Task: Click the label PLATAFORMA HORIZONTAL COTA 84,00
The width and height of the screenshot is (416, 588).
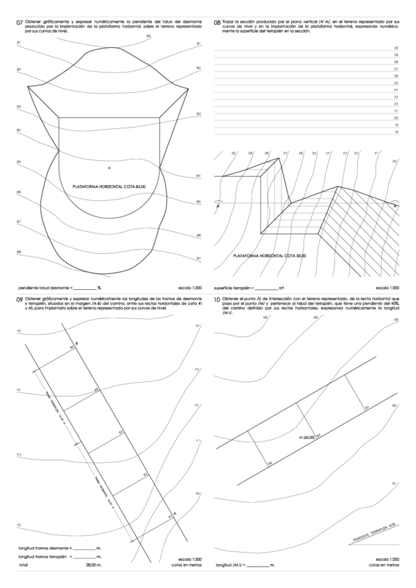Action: (x=110, y=187)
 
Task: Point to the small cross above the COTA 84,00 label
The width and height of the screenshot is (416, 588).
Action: (x=109, y=168)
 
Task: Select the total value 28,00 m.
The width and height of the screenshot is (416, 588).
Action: (x=95, y=566)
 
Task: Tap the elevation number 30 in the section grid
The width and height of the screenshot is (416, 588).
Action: (x=395, y=49)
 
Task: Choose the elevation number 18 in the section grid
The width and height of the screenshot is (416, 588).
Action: (x=395, y=131)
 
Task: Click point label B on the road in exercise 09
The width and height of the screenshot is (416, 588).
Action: (x=76, y=344)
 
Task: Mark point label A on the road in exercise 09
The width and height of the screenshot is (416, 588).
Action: (x=174, y=514)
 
